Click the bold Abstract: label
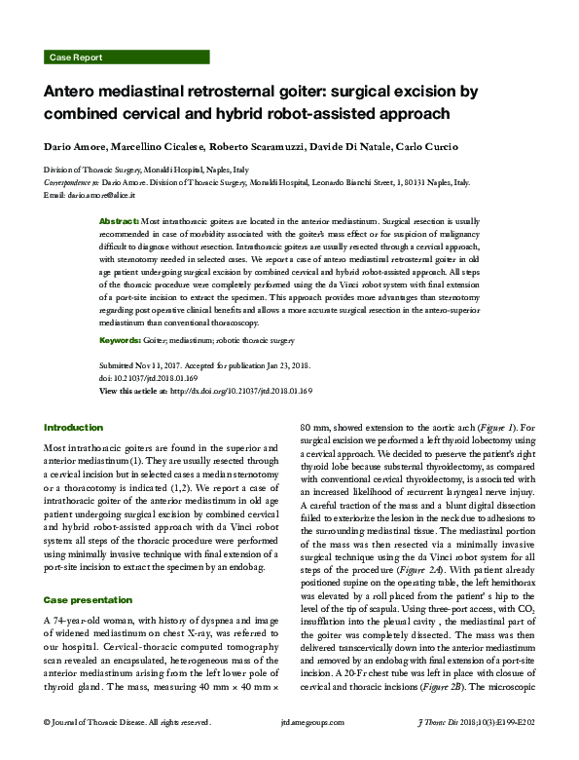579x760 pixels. [x=121, y=222]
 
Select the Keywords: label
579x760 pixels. [x=124, y=340]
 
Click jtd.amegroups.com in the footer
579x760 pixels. [x=289, y=748]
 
